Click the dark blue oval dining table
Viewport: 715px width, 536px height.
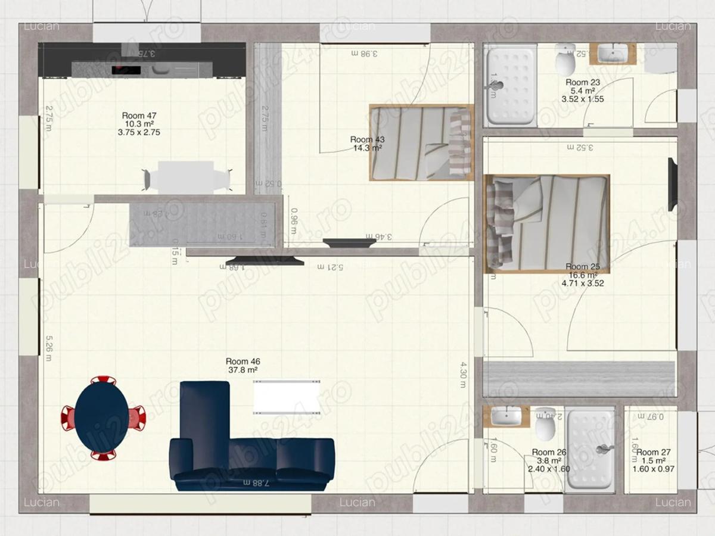(x=102, y=417)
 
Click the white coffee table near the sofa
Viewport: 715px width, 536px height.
(x=287, y=397)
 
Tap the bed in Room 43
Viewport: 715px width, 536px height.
(x=421, y=143)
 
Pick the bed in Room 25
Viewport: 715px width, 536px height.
(x=547, y=223)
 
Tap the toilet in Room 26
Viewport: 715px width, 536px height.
(x=545, y=422)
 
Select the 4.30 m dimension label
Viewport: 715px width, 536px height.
(x=462, y=375)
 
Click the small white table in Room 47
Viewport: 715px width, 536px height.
(x=186, y=177)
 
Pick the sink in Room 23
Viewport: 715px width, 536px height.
(x=612, y=54)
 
